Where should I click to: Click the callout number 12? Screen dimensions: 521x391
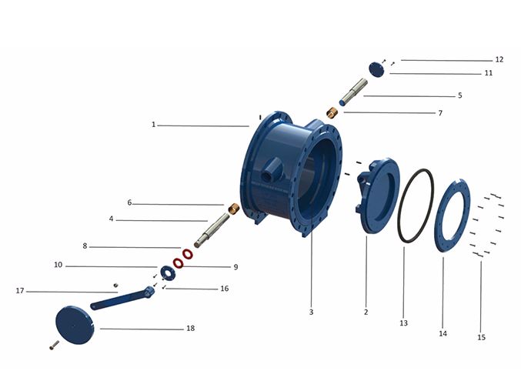(499, 59)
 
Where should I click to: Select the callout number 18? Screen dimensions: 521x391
(190, 328)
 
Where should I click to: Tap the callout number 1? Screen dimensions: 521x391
(153, 125)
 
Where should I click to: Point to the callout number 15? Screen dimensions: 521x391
(481, 337)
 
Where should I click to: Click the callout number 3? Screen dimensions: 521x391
(311, 312)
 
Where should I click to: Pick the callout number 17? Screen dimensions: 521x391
(20, 291)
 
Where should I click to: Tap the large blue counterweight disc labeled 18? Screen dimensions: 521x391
(75, 325)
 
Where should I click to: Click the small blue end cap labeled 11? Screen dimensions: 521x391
(377, 69)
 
